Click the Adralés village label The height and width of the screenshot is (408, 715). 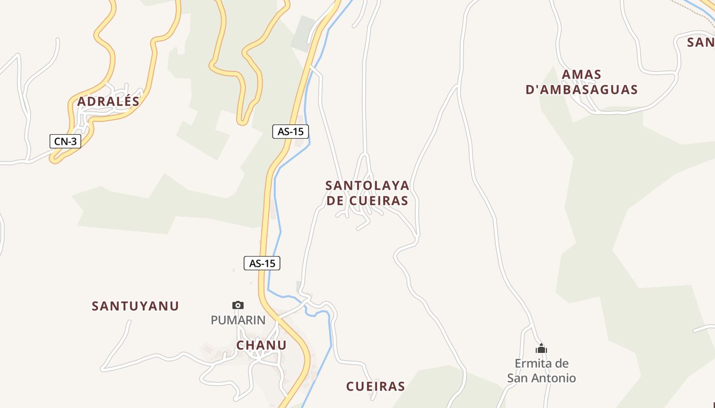[x=108, y=101]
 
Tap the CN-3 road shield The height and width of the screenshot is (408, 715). [x=65, y=141]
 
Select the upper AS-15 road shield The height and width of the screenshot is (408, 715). [x=291, y=132]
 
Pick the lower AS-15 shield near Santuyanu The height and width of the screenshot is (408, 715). [x=262, y=263]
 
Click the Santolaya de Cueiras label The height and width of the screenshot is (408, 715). [x=367, y=193]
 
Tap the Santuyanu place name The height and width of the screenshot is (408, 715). [x=135, y=306]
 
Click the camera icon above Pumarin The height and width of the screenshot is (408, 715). [x=238, y=305]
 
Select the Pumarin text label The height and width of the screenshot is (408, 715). [x=238, y=320]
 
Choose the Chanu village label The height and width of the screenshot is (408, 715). [x=261, y=345]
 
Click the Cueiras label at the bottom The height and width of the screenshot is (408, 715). [x=375, y=387]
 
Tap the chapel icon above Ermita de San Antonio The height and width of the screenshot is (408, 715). [x=541, y=349]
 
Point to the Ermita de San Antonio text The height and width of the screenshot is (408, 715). [x=541, y=371]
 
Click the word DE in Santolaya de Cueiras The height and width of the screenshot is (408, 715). [x=335, y=201]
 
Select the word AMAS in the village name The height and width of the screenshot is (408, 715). [x=582, y=75]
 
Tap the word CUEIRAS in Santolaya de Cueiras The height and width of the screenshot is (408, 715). [x=379, y=201]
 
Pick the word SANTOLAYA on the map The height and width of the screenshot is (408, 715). [x=367, y=185]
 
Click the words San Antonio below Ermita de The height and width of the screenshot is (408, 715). [x=541, y=378]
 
